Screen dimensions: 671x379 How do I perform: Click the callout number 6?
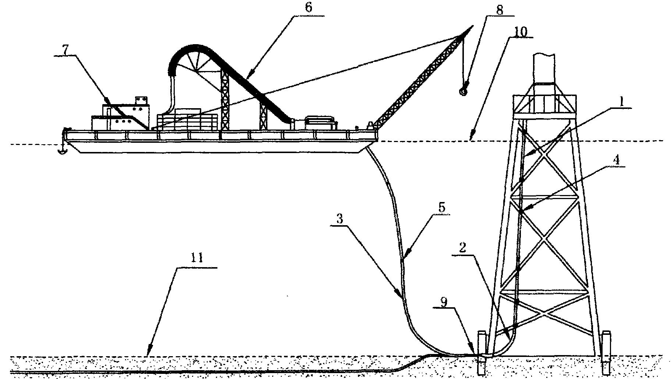[x=308, y=8]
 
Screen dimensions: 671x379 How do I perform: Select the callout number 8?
[x=499, y=10]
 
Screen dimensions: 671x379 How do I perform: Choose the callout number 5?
[x=442, y=208]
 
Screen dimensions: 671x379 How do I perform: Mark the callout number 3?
[x=340, y=219]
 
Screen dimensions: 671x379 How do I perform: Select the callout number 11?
[x=198, y=258]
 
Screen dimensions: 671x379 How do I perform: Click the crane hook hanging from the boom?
[x=463, y=90]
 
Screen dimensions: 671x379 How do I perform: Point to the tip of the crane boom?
[x=472, y=26]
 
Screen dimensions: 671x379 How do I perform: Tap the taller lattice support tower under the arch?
[x=224, y=99]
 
